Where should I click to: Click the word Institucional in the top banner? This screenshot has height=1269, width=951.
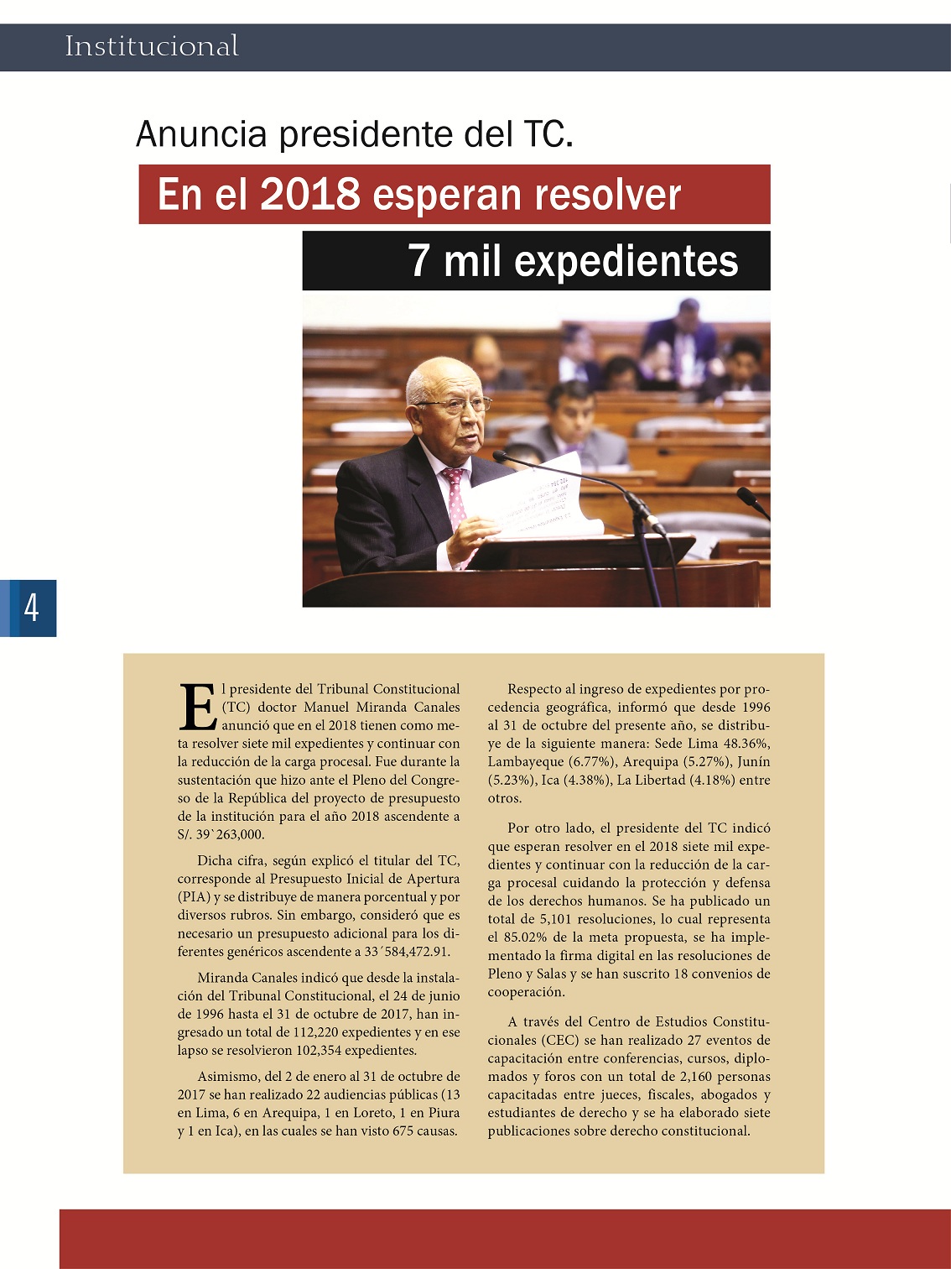tap(152, 46)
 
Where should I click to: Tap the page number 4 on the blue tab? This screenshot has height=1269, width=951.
tap(32, 607)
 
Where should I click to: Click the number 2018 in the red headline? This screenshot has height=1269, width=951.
tap(309, 195)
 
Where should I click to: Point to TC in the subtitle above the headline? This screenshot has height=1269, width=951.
tap(543, 134)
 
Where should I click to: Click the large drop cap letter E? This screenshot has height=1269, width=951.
tap(198, 708)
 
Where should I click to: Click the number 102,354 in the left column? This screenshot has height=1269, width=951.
tap(320, 1051)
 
